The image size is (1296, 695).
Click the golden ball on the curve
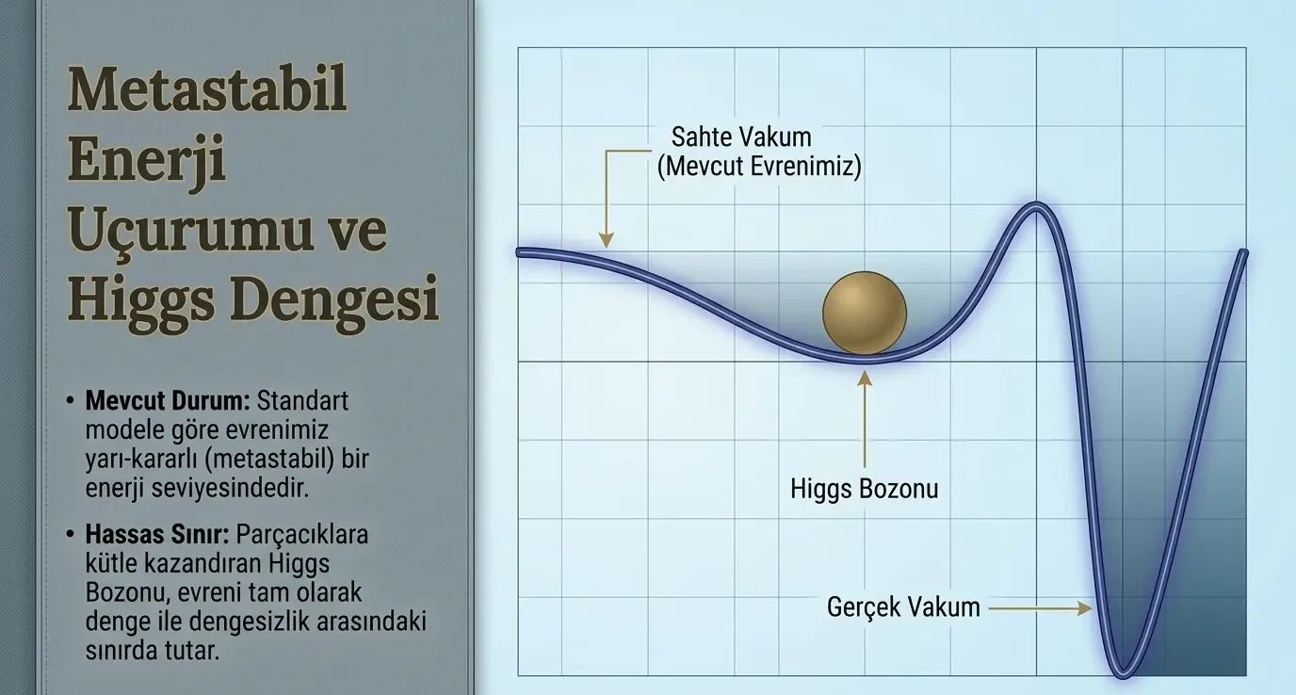(865, 313)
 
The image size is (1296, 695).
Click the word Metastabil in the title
(208, 89)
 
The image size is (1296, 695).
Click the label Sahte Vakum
(741, 137)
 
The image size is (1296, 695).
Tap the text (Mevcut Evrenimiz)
(759, 167)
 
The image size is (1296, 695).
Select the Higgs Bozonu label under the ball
(865, 489)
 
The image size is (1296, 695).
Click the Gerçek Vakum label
(903, 607)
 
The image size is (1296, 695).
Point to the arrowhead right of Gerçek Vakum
(1085, 608)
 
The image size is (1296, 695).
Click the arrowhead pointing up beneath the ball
(865, 379)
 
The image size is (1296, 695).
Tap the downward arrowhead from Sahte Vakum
(606, 239)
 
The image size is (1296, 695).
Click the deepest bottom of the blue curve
(1123, 673)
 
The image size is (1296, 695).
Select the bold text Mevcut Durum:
(168, 400)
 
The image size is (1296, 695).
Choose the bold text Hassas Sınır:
(157, 534)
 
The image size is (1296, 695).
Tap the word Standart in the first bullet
(302, 400)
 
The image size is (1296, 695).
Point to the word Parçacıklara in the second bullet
(302, 535)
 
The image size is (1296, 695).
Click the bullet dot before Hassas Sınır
(71, 533)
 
